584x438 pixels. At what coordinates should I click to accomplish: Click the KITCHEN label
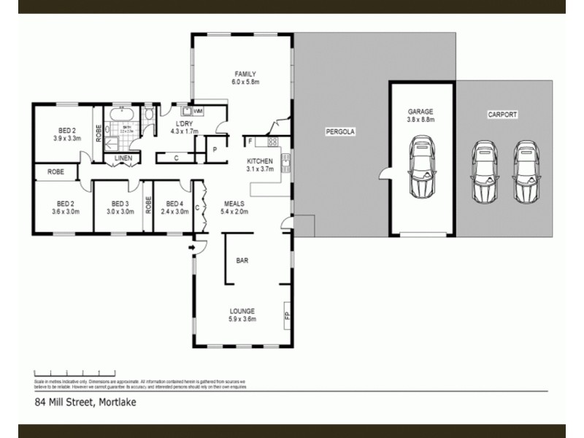[x=260, y=161]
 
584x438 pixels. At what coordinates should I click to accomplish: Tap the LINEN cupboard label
[x=122, y=158]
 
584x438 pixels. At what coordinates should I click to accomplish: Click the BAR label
[x=242, y=260]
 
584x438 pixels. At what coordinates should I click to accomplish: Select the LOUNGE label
[x=243, y=311]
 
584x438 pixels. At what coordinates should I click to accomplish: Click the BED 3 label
[x=120, y=204]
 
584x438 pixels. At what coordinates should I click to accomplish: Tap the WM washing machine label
[x=199, y=111]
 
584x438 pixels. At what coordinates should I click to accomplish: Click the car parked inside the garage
[x=421, y=170]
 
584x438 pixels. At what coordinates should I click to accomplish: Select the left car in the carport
[x=484, y=172]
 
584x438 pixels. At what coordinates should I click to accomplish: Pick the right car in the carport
[x=526, y=172]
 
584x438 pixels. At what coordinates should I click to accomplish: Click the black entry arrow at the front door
[x=191, y=249]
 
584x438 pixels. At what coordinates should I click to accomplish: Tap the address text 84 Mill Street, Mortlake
[x=85, y=401]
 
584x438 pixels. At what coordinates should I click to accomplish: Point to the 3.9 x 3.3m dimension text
[x=66, y=137]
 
